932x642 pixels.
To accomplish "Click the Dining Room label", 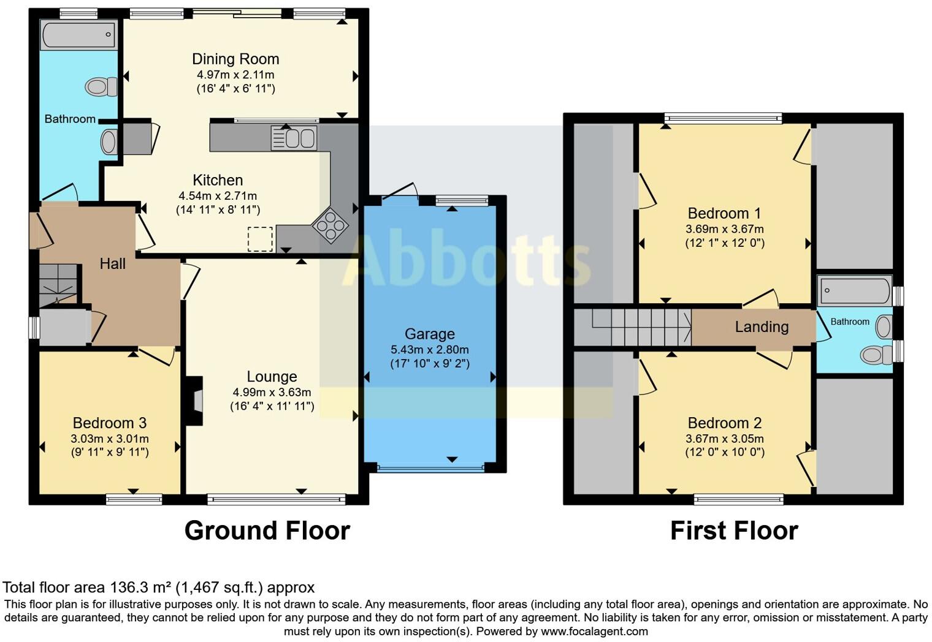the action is point(235,59).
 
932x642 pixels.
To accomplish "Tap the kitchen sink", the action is point(294,138).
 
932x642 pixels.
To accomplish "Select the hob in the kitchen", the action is point(330,225).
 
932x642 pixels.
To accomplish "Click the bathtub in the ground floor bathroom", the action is point(78,34).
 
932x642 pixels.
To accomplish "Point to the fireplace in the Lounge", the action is point(194,401).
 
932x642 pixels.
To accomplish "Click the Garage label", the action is point(430,334).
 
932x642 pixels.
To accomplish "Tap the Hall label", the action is point(113,263).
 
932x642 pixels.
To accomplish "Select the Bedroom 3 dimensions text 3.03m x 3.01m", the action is point(110,438).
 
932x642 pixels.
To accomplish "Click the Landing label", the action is point(762,327).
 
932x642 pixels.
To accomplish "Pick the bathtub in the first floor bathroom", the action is point(855,290).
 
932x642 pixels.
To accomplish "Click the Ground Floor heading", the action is point(267,531).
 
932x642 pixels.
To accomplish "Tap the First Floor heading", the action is point(735,531).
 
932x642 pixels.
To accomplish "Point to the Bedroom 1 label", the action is point(724,213).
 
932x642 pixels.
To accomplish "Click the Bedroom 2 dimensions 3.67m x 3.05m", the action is point(725,438).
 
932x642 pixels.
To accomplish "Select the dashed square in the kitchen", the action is point(261,239).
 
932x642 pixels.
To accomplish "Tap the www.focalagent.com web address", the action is point(594,631).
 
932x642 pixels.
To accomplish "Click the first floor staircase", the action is point(632,327).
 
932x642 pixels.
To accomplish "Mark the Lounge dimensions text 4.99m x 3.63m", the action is point(272,392).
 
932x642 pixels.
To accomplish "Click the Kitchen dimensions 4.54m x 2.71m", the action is point(218,195).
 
